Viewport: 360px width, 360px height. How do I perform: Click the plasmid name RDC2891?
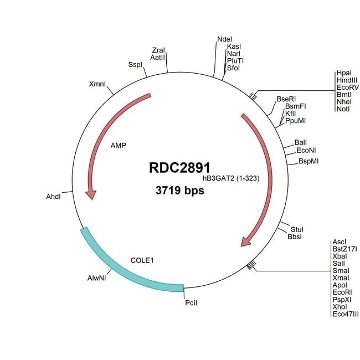click(x=179, y=168)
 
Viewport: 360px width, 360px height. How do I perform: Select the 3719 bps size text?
click(x=179, y=191)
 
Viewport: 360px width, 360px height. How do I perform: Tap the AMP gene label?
click(x=119, y=146)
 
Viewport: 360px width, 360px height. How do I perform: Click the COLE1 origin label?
click(x=141, y=259)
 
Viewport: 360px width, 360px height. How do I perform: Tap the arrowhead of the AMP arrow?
click(x=90, y=194)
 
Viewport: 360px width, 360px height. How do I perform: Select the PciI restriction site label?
click(x=192, y=304)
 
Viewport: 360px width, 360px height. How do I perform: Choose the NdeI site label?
click(x=224, y=39)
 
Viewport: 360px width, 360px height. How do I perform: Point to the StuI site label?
click(x=297, y=229)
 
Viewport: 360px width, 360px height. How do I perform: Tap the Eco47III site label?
click(x=345, y=314)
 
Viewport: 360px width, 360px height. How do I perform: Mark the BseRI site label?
click(x=286, y=99)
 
